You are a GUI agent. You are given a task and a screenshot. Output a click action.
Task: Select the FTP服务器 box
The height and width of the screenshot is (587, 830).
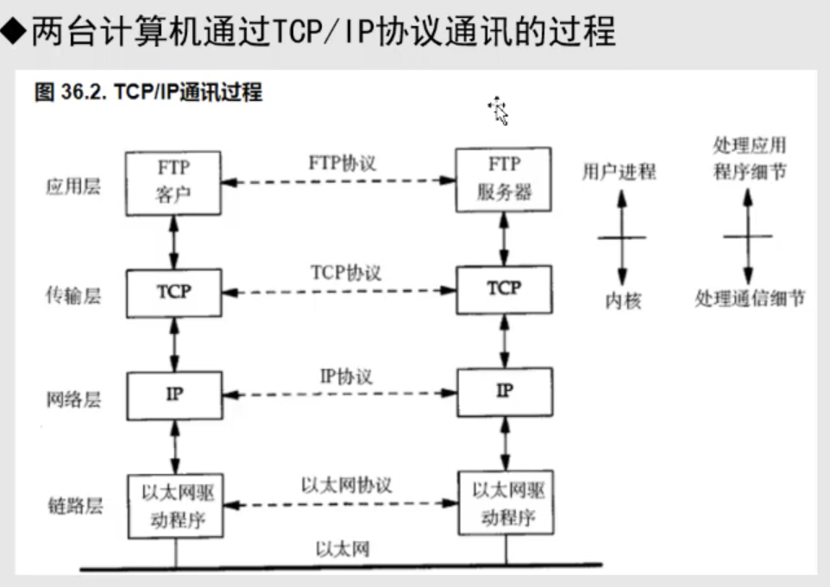(504, 179)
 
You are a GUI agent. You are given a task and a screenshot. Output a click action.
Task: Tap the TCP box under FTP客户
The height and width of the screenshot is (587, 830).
(173, 292)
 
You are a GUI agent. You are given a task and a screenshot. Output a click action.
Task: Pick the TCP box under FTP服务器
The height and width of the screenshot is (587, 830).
(504, 288)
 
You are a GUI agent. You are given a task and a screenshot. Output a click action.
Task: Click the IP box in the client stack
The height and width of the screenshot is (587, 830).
(173, 394)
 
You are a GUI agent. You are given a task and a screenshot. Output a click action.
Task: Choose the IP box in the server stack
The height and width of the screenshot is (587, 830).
(504, 391)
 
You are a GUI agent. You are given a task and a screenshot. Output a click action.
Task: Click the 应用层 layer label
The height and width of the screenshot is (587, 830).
(72, 186)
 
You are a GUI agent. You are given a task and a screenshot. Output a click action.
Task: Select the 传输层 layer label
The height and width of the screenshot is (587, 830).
(72, 296)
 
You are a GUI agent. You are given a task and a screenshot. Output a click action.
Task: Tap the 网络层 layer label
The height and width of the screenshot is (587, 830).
(72, 400)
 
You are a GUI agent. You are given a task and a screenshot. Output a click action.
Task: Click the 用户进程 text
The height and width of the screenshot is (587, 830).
(619, 172)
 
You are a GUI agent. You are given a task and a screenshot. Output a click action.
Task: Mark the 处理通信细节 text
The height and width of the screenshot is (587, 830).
(749, 299)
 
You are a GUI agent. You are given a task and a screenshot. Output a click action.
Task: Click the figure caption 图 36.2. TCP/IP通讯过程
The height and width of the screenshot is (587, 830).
(148, 92)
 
